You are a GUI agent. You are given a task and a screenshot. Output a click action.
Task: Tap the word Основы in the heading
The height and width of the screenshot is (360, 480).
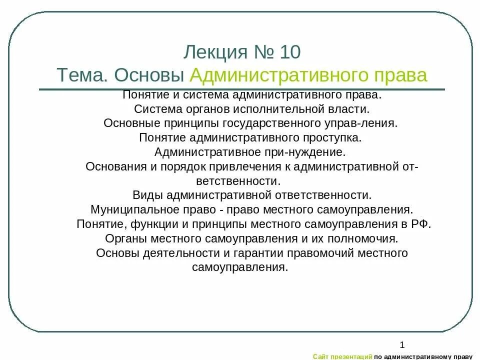pos(150,75)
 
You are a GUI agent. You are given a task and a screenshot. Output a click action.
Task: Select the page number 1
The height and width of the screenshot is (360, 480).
pos(402,344)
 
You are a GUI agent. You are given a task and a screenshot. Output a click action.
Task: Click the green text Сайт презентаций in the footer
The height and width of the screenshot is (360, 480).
pos(342,356)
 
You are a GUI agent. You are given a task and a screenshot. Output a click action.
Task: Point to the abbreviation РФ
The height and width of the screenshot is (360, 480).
pos(421,223)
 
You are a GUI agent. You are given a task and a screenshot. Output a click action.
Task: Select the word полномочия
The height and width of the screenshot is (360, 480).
pos(370,238)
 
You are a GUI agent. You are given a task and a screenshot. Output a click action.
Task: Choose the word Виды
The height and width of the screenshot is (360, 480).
pos(147,194)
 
